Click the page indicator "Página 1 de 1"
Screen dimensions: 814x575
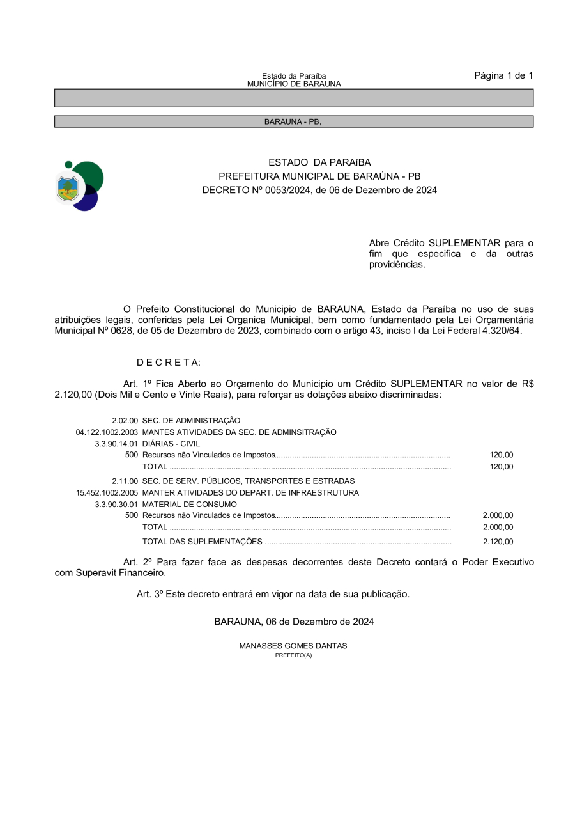pos(503,75)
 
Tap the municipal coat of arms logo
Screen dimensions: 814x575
pos(79,186)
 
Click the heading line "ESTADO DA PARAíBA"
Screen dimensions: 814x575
pos(319,162)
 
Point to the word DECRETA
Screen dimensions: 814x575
pos(169,363)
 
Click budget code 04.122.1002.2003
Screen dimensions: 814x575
pos(107,432)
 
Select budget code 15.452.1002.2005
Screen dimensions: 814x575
pos(107,493)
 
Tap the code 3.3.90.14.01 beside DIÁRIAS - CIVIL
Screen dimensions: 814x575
pos(116,444)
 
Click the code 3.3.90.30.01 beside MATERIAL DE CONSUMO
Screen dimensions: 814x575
pos(116,505)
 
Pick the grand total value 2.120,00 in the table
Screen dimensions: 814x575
pos(498,542)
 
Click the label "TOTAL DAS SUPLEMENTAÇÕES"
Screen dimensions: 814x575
pos(202,542)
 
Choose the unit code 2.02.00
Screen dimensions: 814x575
pos(125,421)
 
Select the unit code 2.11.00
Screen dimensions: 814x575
pos(125,481)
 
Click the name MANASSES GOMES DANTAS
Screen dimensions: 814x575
pos(293,646)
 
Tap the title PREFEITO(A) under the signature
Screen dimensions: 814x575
pos(293,655)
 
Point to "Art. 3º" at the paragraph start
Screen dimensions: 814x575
pos(150,594)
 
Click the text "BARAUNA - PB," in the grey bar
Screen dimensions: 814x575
pos(293,121)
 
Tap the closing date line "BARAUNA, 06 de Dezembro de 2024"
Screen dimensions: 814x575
pos(294,622)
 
